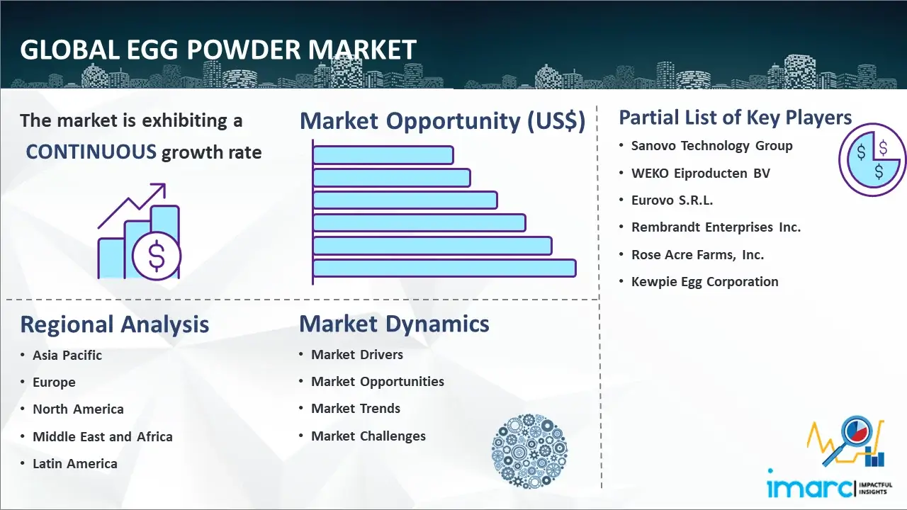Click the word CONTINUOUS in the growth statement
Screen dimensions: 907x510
click(x=91, y=152)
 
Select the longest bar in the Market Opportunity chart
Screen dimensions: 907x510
click(x=444, y=268)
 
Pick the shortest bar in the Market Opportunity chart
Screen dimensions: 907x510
click(x=383, y=154)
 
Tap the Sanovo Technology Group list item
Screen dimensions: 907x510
click(x=712, y=146)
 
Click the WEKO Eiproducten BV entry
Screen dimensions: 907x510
click(x=701, y=174)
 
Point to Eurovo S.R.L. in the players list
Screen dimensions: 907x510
click(x=672, y=200)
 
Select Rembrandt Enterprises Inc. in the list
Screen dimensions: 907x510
click(x=716, y=227)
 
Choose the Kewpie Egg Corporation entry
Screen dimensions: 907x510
click(x=704, y=282)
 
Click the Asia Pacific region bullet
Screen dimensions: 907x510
click(x=67, y=355)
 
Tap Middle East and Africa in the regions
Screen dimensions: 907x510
click(x=103, y=436)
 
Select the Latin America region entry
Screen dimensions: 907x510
click(x=75, y=463)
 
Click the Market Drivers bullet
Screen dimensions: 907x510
click(x=356, y=355)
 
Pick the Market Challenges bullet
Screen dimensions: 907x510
click(x=368, y=436)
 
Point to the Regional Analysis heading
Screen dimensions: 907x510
click(x=115, y=324)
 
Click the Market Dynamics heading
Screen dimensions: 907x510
click(x=394, y=324)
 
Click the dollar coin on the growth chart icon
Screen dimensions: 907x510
click(x=157, y=256)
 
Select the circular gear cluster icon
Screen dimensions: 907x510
click(x=529, y=451)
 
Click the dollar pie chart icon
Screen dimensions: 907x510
click(x=872, y=159)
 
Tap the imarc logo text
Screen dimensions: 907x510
click(x=810, y=487)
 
